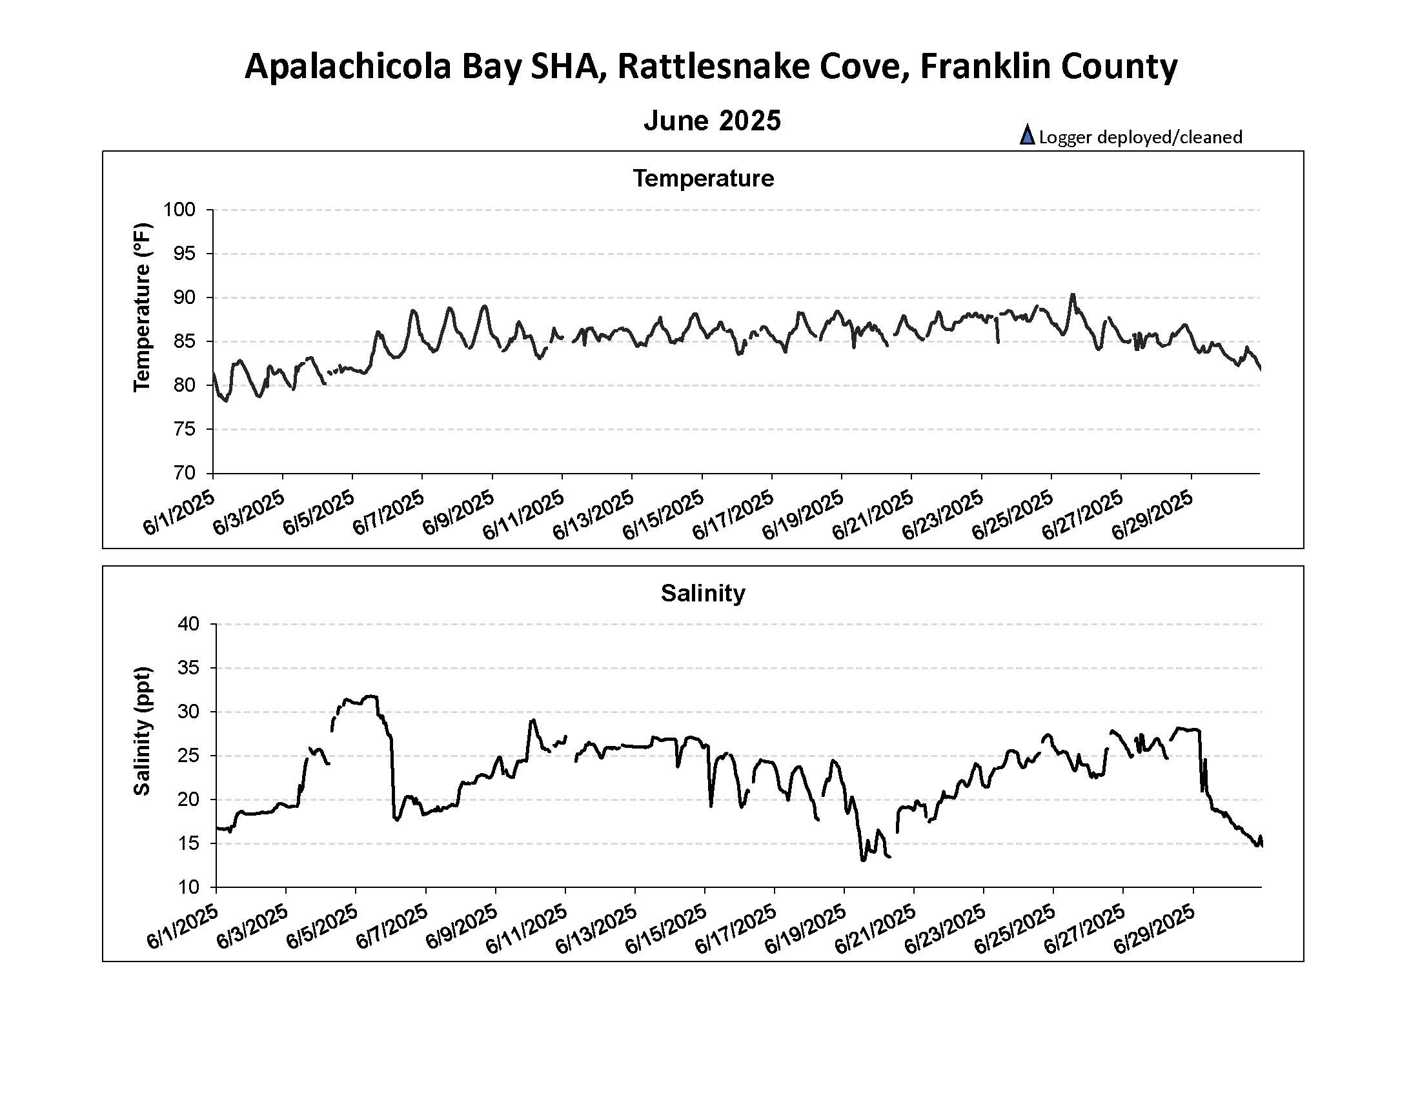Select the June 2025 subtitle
coord(712,121)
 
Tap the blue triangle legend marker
coord(1027,135)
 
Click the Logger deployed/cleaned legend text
coord(1141,137)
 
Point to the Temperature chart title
coord(704,179)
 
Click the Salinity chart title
coord(703,593)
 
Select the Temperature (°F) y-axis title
coord(142,307)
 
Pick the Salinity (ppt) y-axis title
coord(142,730)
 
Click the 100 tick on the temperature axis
coord(179,210)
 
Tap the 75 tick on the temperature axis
coord(184,429)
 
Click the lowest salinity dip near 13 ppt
coord(863,860)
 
